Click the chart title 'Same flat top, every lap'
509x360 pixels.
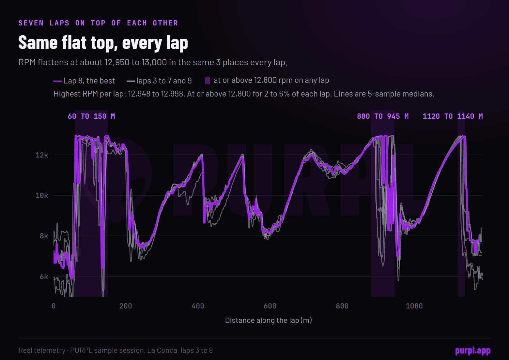point(103,43)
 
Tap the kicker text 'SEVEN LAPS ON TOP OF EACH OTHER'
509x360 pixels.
point(98,23)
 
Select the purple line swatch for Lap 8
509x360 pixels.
point(57,81)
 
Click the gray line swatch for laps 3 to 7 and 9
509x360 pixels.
point(131,81)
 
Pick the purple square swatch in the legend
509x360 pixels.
point(208,81)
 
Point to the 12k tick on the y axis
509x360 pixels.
point(42,155)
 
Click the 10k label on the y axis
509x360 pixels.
point(42,196)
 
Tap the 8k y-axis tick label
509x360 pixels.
point(44,236)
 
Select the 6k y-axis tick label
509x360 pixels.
point(44,277)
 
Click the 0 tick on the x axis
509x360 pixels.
point(54,306)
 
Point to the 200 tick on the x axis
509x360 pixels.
point(126,306)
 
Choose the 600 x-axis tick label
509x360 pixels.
point(270,306)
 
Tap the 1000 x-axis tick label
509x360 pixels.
point(414,306)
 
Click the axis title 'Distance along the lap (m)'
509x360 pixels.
point(268,320)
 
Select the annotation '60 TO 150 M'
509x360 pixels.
point(91,116)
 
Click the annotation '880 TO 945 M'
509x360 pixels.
point(383,116)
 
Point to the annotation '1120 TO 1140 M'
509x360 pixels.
point(453,116)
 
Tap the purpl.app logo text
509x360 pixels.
point(473,351)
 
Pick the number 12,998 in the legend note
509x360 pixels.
point(173,94)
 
